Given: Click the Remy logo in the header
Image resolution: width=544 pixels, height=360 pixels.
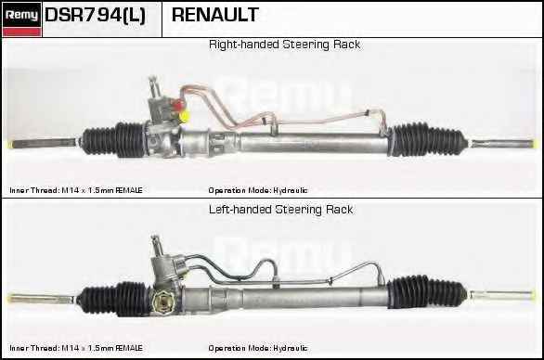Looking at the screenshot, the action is coord(22,19).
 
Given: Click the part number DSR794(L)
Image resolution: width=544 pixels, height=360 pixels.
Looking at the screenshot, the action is coord(95,16).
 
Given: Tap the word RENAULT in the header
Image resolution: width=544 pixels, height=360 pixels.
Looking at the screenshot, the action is coord(215,15).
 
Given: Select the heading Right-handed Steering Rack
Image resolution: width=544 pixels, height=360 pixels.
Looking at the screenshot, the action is coord(284,45).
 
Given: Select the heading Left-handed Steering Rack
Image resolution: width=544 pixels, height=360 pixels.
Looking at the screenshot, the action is coord(280,210).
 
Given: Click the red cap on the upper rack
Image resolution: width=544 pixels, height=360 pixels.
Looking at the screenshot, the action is coord(178,105).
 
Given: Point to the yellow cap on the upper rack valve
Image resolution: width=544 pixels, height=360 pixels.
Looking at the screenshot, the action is coord(184,116).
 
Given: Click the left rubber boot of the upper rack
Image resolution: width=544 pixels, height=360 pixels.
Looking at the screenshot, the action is coord(114,139).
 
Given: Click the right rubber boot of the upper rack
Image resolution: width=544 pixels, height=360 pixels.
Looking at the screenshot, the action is coord(427,139).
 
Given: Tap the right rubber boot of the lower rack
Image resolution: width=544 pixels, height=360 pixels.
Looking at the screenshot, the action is coord(426,292).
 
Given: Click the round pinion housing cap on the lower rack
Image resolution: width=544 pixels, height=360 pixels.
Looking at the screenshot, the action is coord(162,302).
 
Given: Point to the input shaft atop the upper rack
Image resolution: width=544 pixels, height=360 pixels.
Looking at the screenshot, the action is coord(154,87).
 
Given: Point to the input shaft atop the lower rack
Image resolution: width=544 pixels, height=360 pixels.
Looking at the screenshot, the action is coord(157,246).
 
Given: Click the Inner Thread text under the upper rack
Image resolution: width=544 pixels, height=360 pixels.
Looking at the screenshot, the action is coord(76,190).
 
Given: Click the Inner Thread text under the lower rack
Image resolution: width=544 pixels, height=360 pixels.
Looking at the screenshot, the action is coord(76,348).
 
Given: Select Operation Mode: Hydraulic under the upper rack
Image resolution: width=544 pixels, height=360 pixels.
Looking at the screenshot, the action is coord(258,190).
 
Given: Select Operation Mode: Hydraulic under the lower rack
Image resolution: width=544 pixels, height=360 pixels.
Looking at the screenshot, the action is coord(258,348).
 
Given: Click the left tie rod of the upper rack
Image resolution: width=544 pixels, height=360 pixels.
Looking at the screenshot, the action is coord(45,143).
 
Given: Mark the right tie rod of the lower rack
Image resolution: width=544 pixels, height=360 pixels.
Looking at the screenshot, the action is coord(501,295).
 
